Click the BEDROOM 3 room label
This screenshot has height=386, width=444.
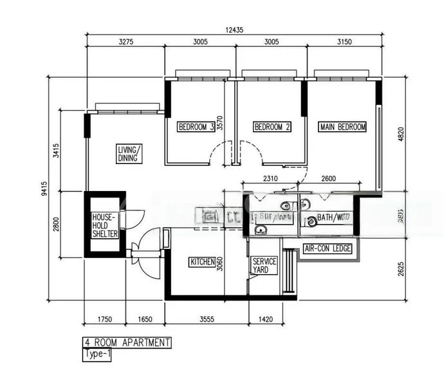pyautogui.click(x=196, y=127)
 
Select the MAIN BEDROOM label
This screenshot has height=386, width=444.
pyautogui.click(x=342, y=127)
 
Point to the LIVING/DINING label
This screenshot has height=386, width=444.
pyautogui.click(x=129, y=154)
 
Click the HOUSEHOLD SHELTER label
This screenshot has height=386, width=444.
pyautogui.click(x=104, y=226)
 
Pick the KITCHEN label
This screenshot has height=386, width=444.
pyautogui.click(x=201, y=262)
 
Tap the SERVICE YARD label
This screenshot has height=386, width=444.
pyautogui.click(x=264, y=266)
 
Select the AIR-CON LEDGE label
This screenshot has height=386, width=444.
pyautogui.click(x=328, y=248)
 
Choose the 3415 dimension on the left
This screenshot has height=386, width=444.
pyautogui.click(x=57, y=151)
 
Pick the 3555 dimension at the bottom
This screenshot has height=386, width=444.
pyautogui.click(x=207, y=318)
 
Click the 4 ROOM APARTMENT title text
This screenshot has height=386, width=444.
pyautogui.click(x=127, y=342)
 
